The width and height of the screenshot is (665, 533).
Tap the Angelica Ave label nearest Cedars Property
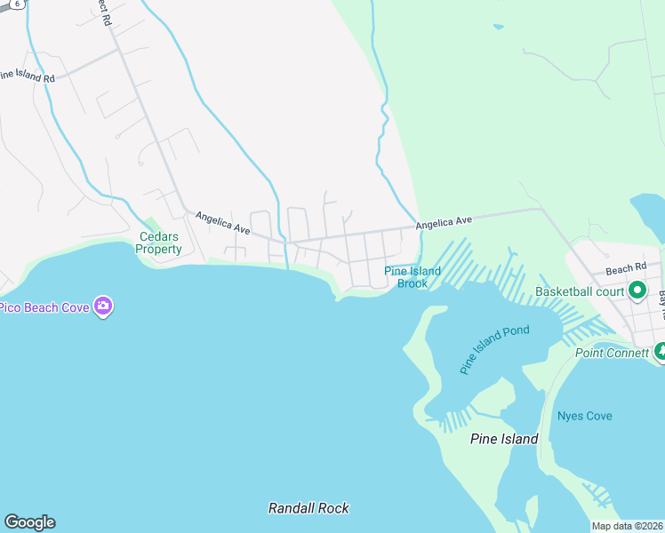(x=222, y=222)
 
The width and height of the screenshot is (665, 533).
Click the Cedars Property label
(x=159, y=243)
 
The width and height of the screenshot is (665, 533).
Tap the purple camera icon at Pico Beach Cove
(x=103, y=306)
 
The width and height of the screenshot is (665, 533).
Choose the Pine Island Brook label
(x=413, y=277)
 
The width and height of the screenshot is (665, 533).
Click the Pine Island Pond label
(x=494, y=348)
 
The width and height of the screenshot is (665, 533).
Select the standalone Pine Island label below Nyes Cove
(x=504, y=439)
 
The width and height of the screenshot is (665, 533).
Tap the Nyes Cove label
(x=584, y=416)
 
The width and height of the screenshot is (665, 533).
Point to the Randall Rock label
(x=308, y=508)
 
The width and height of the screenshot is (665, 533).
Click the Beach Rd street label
(x=626, y=268)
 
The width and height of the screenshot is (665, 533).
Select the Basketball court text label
(x=580, y=291)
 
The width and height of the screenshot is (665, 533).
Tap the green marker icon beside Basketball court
(x=637, y=290)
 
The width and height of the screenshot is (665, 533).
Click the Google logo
(x=29, y=522)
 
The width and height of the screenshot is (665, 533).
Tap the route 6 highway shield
(x=15, y=4)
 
